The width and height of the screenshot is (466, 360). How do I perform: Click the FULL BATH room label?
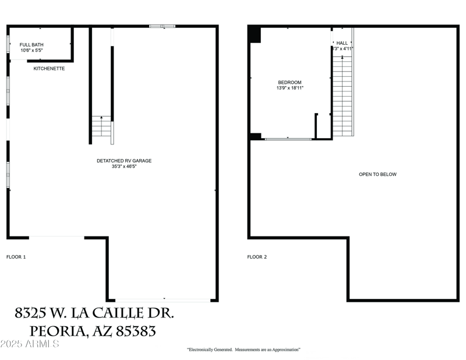pyautogui.click(x=31, y=45)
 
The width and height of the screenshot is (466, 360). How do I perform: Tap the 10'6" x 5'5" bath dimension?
pyautogui.click(x=31, y=51)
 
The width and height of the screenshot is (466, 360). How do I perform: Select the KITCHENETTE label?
pyautogui.click(x=49, y=69)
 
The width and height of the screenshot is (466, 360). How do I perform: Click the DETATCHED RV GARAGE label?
pyautogui.click(x=124, y=161)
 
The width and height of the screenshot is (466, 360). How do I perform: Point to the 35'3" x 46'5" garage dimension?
pyautogui.click(x=124, y=167)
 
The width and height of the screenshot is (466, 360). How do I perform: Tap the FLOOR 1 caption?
pyautogui.click(x=16, y=257)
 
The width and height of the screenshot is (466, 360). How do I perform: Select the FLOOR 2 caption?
pyautogui.click(x=257, y=257)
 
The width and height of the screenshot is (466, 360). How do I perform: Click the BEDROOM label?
pyautogui.click(x=290, y=83)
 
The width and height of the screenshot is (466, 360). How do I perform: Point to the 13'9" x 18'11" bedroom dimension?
pyautogui.click(x=290, y=89)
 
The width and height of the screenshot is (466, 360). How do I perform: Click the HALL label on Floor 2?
pyautogui.click(x=342, y=43)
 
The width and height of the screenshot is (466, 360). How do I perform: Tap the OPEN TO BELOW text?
pyautogui.click(x=377, y=174)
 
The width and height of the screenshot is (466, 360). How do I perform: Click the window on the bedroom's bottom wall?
pyautogui.click(x=288, y=139)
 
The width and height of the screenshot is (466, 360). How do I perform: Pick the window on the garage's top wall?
pyautogui.click(x=162, y=26)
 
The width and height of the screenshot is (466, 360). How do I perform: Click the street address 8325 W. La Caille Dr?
pyautogui.click(x=94, y=313)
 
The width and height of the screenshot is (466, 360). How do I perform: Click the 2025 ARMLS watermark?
pyautogui.click(x=30, y=344)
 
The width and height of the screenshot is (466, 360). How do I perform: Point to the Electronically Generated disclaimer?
pyautogui.click(x=243, y=350)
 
